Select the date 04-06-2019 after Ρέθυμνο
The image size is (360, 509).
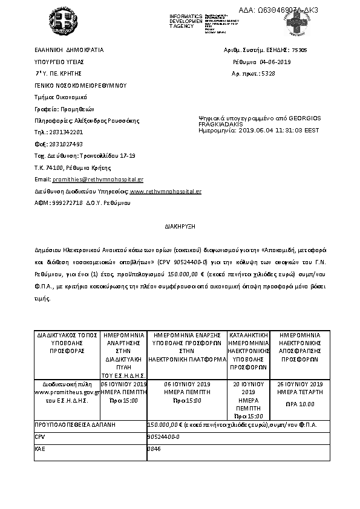pos(276,62)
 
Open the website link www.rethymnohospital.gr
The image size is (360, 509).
pos(166,191)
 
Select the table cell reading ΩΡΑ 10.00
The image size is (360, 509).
pos(300,404)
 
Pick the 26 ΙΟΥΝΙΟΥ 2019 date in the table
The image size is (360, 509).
pos(300,384)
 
